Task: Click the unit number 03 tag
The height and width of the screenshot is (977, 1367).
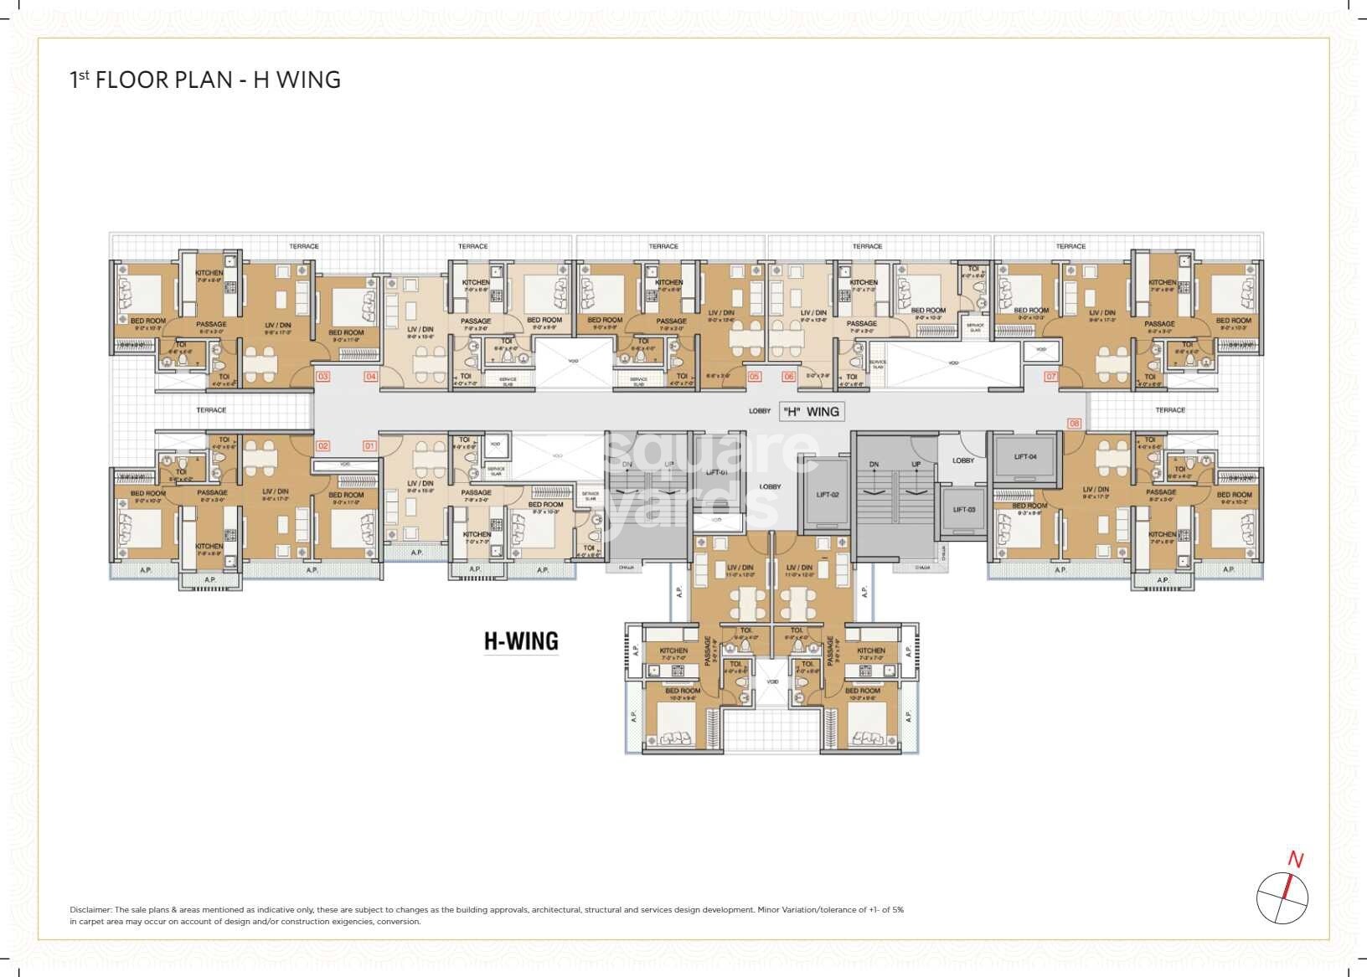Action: click(322, 377)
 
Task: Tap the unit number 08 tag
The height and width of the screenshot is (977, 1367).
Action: click(1075, 424)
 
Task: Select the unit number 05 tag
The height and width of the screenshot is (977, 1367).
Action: click(754, 377)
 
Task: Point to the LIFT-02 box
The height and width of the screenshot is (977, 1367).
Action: click(827, 495)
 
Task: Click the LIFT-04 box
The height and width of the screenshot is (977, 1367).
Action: click(1025, 457)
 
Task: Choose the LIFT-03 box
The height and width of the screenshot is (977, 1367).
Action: click(964, 510)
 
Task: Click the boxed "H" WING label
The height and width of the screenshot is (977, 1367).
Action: click(811, 411)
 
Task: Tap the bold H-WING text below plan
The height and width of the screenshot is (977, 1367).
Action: click(521, 641)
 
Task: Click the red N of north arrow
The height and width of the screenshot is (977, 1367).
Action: click(1295, 860)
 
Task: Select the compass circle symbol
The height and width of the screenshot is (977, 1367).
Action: click(1282, 898)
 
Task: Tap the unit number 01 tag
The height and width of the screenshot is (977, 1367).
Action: click(369, 446)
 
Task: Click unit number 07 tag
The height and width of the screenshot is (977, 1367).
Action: click(1050, 377)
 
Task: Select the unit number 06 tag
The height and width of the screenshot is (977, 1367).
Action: click(788, 377)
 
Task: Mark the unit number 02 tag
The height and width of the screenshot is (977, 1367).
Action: click(322, 446)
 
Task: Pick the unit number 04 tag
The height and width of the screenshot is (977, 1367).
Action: click(370, 377)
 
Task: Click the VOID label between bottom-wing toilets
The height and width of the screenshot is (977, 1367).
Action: click(772, 681)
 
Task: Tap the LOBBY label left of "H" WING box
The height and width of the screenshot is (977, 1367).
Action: click(760, 411)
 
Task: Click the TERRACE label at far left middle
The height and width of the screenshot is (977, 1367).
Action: click(211, 410)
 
